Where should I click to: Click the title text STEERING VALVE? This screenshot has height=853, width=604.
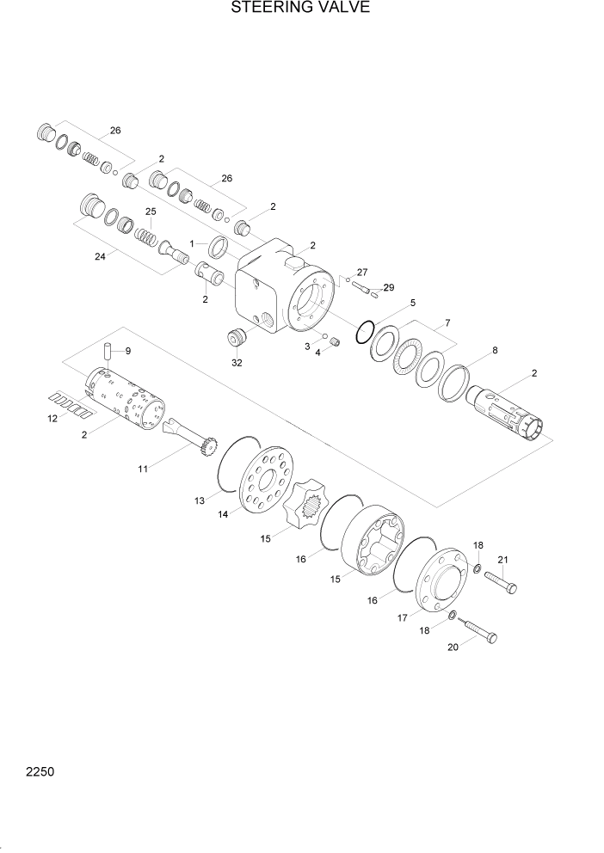pyautogui.click(x=301, y=9)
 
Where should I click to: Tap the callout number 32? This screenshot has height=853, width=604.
pyautogui.click(x=237, y=363)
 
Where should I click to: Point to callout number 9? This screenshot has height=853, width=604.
pyautogui.click(x=128, y=351)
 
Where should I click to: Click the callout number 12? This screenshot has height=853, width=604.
pyautogui.click(x=52, y=419)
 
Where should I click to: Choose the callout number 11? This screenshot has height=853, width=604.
pyautogui.click(x=144, y=469)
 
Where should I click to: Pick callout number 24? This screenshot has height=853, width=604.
pyautogui.click(x=99, y=255)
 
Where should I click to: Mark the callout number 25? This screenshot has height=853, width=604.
pyautogui.click(x=151, y=212)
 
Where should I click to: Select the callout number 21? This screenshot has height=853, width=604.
pyautogui.click(x=503, y=562)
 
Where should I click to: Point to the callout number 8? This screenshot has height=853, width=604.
pyautogui.click(x=494, y=350)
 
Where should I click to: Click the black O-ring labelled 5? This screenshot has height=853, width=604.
pyautogui.click(x=365, y=328)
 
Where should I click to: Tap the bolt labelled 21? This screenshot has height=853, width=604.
pyautogui.click(x=502, y=584)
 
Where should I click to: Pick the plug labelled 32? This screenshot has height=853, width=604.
pyautogui.click(x=235, y=338)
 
